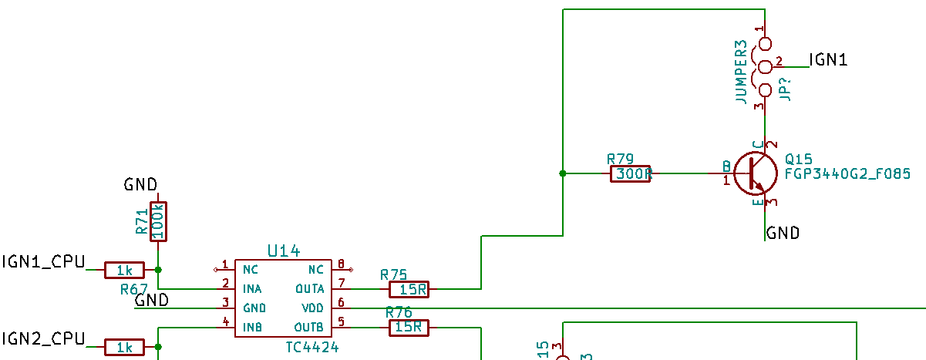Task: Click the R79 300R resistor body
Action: coord(631,174)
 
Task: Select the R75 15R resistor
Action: coord(409,289)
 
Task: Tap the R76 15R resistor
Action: coord(409,327)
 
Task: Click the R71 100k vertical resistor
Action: coord(158,221)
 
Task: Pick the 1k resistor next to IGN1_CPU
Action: coord(124,270)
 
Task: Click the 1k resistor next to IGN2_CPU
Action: coord(124,348)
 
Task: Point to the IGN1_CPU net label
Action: coord(43,261)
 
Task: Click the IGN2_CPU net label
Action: coord(43,338)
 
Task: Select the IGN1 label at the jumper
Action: coord(829,60)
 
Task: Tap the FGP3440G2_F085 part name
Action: coord(847,174)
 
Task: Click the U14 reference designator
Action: coord(283,251)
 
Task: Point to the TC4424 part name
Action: coord(311,347)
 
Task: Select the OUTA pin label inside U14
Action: coord(310,288)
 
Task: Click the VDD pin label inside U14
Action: coord(312,306)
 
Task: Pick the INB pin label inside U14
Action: coord(253,326)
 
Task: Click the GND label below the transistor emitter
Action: coord(783,233)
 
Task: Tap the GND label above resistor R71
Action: coord(140,184)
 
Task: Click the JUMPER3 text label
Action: coord(741,72)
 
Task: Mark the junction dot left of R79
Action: coord(563,173)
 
